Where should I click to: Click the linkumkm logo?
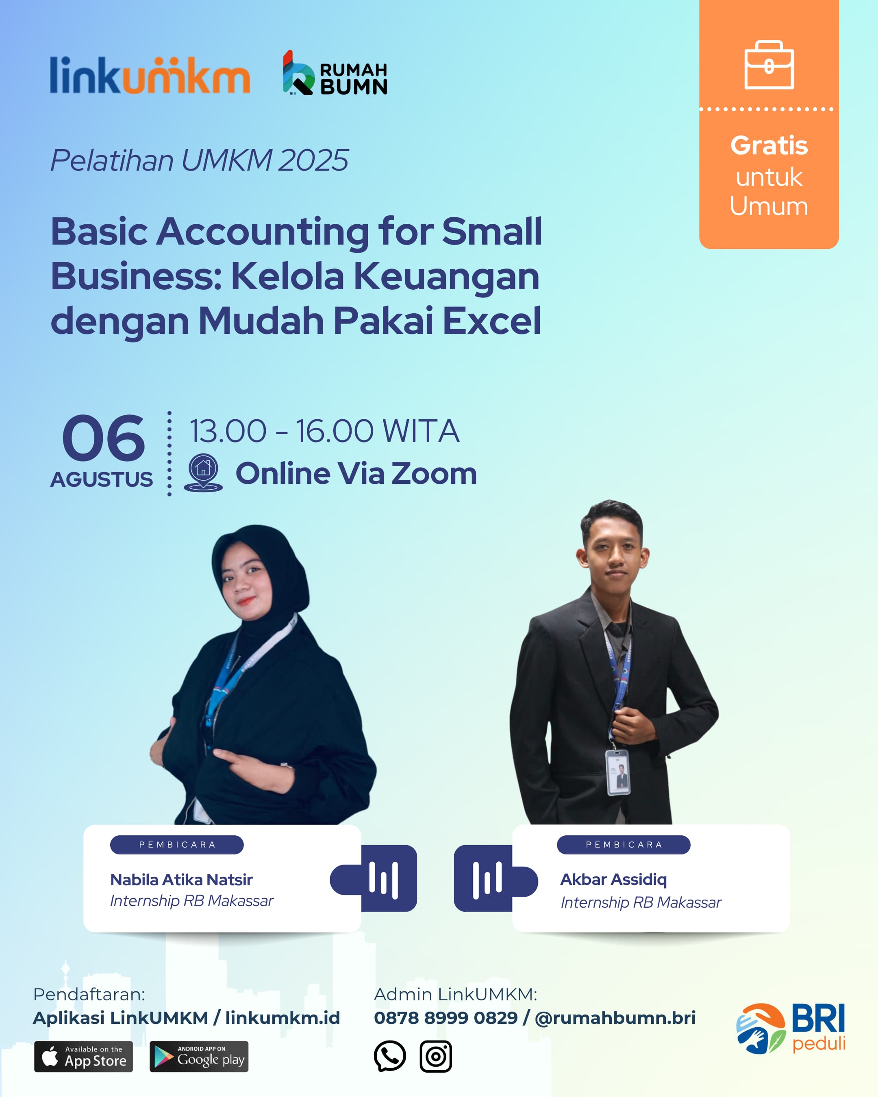pyautogui.click(x=150, y=75)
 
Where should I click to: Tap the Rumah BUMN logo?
pyautogui.click(x=335, y=73)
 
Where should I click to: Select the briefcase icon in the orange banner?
pyautogui.click(x=769, y=65)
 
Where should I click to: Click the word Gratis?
pyautogui.click(x=769, y=145)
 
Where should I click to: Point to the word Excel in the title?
pyautogui.click(x=492, y=321)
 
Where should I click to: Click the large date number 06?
pyautogui.click(x=103, y=438)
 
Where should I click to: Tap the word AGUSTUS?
pyautogui.click(x=101, y=479)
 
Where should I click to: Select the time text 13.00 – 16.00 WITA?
pyautogui.click(x=324, y=431)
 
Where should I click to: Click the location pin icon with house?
pyautogui.click(x=203, y=473)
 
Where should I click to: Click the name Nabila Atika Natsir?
pyautogui.click(x=181, y=880)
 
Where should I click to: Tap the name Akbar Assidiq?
pyautogui.click(x=613, y=879)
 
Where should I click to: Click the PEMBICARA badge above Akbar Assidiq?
pyautogui.click(x=624, y=845)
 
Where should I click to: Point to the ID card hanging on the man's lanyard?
pyautogui.click(x=618, y=772)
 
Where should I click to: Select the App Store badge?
pyautogui.click(x=83, y=1057)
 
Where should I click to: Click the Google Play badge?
pyautogui.click(x=199, y=1057)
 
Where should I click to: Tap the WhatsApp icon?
pyautogui.click(x=390, y=1056)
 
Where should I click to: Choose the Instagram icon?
pyautogui.click(x=436, y=1056)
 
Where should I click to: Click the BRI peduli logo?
pyautogui.click(x=791, y=1028)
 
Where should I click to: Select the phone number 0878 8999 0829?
pyautogui.click(x=446, y=1018)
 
